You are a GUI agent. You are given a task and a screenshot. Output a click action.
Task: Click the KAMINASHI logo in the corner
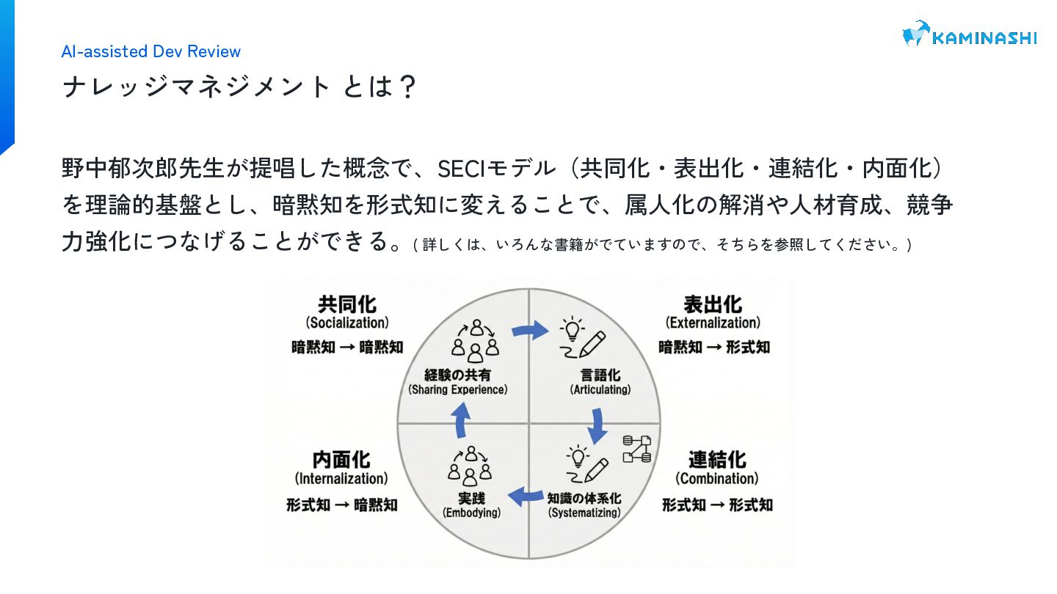point(969,34)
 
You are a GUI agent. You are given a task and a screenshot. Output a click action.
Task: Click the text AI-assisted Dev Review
point(151,51)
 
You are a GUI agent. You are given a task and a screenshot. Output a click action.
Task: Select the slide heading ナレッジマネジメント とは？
point(239,87)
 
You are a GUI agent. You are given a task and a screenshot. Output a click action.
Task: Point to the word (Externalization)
point(713,323)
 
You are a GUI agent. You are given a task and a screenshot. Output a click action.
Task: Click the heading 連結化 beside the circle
point(717,460)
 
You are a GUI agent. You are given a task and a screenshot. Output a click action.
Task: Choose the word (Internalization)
point(341,479)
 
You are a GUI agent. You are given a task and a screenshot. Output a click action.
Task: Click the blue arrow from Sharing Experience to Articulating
point(529,331)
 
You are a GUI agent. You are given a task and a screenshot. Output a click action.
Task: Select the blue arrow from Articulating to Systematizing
point(597,425)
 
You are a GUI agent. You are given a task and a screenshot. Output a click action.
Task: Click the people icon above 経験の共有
point(476,340)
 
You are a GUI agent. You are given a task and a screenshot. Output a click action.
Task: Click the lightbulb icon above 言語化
point(573,328)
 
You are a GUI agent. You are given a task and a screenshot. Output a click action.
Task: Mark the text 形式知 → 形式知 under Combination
point(717,505)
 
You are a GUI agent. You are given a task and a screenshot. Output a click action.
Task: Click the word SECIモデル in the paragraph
point(496,169)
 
